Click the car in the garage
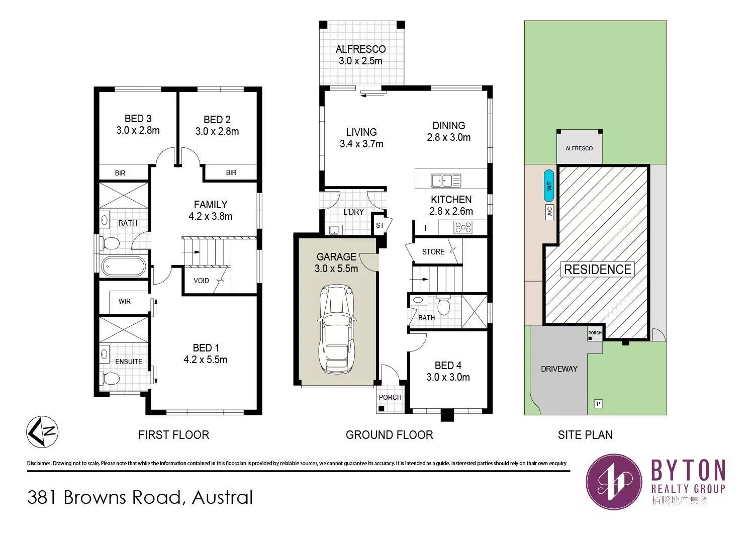point(336,329)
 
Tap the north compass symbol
point(42,431)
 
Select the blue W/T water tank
point(549,186)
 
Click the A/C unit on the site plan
point(549,212)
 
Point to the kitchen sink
point(446,181)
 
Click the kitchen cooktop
point(463,227)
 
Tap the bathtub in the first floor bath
point(123,267)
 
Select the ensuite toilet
point(110,379)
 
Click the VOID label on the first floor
point(201,281)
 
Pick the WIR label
point(125,301)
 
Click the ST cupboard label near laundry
point(380,225)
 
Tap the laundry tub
point(334,230)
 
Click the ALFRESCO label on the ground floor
point(360,49)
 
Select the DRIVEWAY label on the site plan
point(559,369)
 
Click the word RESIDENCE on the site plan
point(598,270)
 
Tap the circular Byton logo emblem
point(614,482)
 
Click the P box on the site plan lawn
point(598,404)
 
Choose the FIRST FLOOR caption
point(174,435)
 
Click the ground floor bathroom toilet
point(444,305)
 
